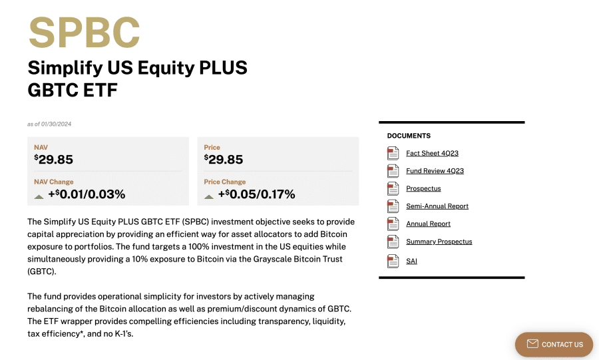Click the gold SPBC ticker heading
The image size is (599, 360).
[x=84, y=33]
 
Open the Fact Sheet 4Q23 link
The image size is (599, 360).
[x=432, y=153]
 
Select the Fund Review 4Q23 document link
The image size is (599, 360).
[x=435, y=170]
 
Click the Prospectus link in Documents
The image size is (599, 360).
[x=423, y=188]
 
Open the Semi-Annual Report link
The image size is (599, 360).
[x=437, y=206]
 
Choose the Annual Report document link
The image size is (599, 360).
[x=428, y=224]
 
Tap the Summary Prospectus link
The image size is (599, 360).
[x=439, y=242]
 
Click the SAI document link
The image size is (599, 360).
[x=411, y=261]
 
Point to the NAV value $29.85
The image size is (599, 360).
[x=53, y=159]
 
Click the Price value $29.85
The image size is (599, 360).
[x=224, y=159]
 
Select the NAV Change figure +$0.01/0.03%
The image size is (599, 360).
[x=87, y=194]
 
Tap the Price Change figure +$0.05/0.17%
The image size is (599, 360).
[x=256, y=194]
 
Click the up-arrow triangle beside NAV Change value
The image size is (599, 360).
[x=39, y=196]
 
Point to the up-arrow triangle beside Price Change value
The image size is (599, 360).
[x=208, y=196]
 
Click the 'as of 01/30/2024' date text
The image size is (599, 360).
[x=49, y=124]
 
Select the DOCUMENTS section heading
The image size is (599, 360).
[x=409, y=136]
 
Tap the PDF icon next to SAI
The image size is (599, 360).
[x=393, y=261]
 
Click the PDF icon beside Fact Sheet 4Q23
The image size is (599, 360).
[x=393, y=153]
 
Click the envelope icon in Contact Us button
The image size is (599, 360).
[x=532, y=343]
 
